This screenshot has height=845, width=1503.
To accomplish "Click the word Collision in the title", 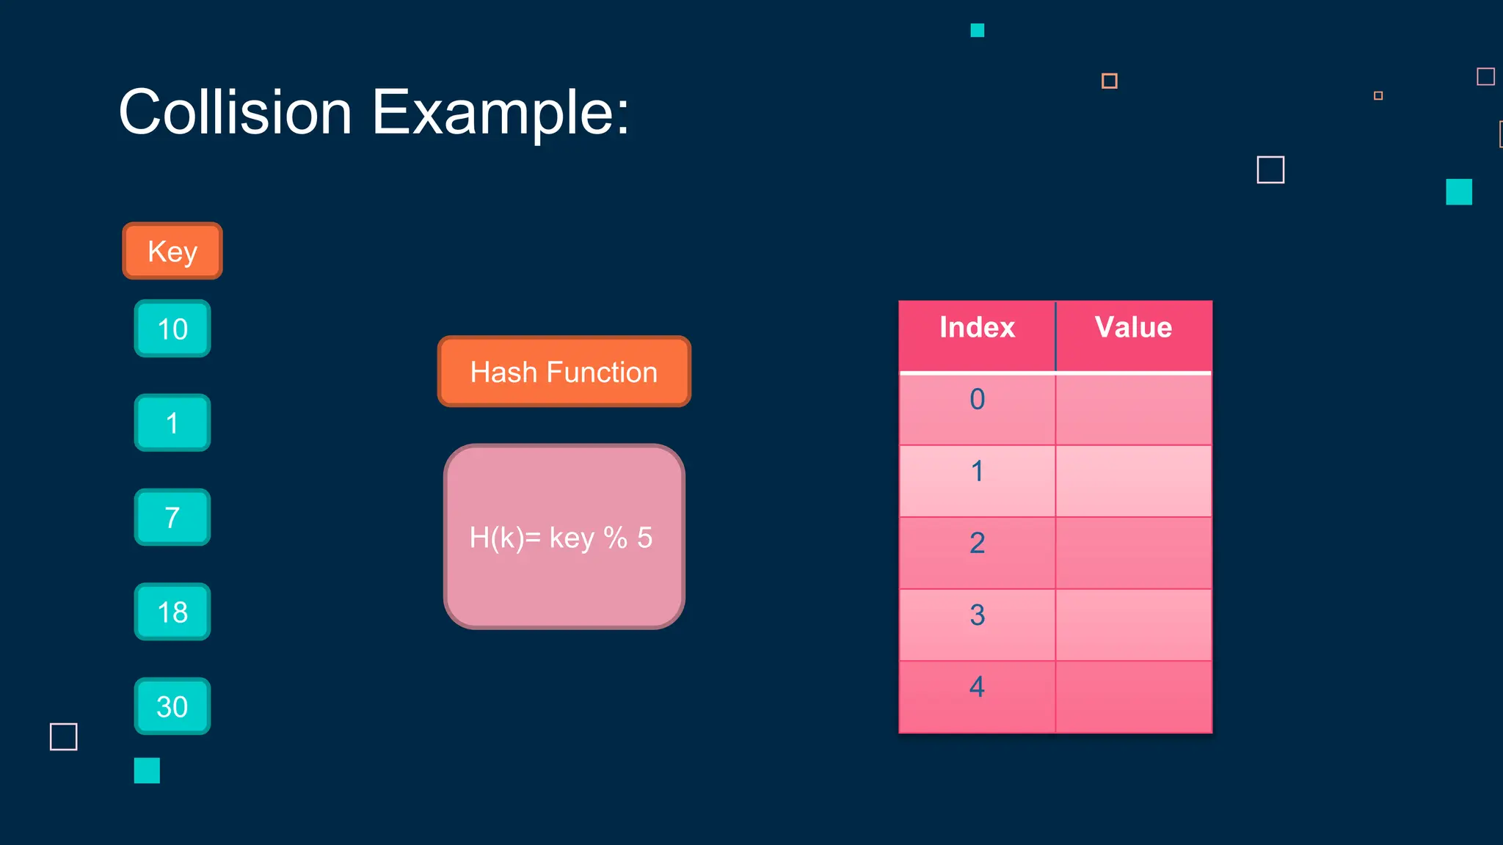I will point(236,112).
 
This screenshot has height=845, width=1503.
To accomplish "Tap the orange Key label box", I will point(172,251).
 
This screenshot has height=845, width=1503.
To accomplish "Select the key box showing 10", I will point(172,329).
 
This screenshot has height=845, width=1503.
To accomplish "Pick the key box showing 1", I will point(172,422).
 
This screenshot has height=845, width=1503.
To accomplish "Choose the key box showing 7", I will point(172,517).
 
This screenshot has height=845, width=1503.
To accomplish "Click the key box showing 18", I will point(172,612).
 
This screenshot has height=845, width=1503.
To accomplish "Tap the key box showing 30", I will point(172,706).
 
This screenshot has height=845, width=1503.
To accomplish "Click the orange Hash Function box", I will point(564,372).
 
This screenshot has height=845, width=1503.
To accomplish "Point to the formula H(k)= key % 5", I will point(561,538).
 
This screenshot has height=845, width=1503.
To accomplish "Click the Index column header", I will point(977,328).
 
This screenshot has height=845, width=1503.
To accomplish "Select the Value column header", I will point(1133,328).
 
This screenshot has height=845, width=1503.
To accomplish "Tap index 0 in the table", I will point(977,400).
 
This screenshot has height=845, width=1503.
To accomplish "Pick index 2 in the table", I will point(977,544).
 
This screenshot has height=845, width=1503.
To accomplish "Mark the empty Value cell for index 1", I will point(1133,481).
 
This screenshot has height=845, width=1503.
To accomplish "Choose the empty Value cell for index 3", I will point(1133,625).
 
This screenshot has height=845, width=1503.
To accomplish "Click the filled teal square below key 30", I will point(147,770).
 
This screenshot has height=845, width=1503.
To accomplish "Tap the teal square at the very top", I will point(977,30).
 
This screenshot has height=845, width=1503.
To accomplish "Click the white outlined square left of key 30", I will point(64,736).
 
